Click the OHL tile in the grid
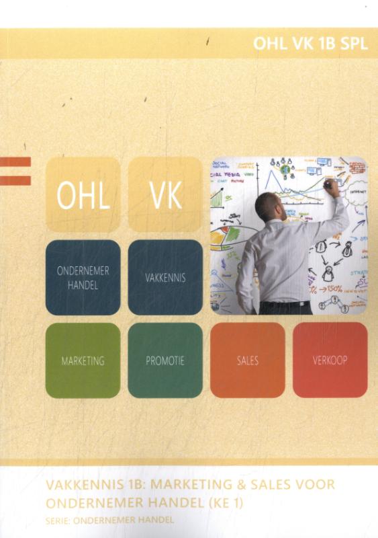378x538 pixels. pos(83,195)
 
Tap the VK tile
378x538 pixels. pos(165,195)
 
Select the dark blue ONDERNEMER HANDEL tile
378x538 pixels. pos(83,277)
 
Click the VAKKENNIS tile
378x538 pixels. pos(165,277)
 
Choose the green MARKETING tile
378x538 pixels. pos(83,360)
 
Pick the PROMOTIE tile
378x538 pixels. pos(165,360)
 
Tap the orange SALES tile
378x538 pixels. pos(248,360)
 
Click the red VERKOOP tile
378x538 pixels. pos(330,360)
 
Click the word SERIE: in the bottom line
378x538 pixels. pos(57,519)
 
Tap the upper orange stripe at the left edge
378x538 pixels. pos(15,161)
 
